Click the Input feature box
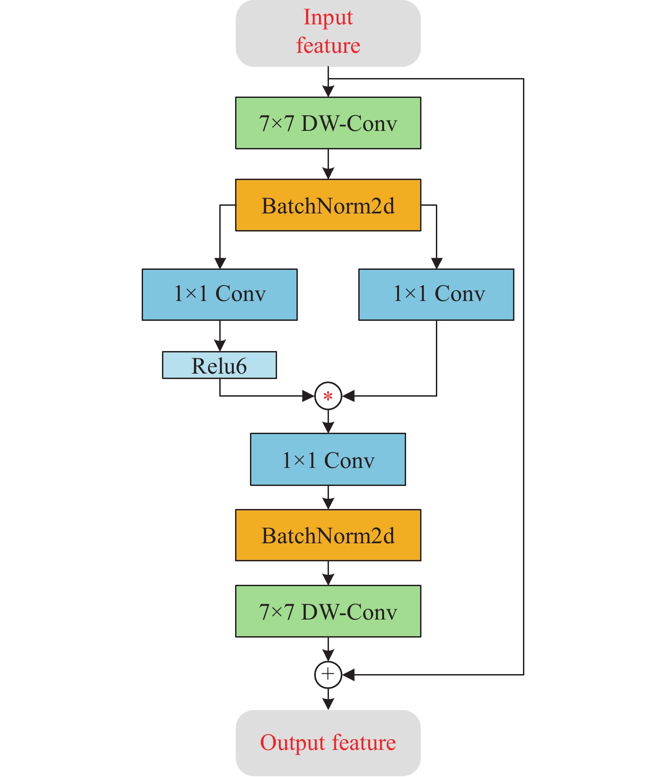(328, 33)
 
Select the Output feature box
(328, 743)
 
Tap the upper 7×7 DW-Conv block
(328, 123)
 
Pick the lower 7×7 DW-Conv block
(328, 611)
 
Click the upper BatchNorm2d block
(328, 205)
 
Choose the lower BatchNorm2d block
(328, 536)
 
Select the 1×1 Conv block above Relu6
(220, 295)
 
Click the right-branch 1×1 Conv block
(436, 295)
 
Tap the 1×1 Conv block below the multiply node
(328, 459)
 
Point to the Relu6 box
(219, 365)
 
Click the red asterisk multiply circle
(328, 396)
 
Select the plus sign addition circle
(328, 675)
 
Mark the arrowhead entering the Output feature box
(328, 704)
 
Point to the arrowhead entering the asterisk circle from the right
(348, 396)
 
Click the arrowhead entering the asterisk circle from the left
(308, 396)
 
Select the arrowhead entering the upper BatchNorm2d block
(328, 173)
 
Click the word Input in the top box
(328, 18)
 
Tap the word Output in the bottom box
(292, 743)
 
